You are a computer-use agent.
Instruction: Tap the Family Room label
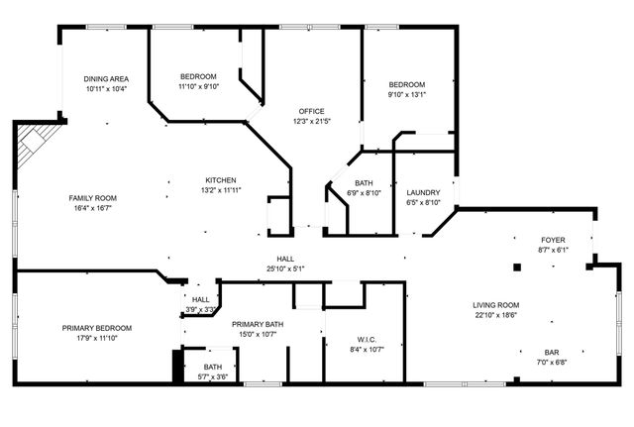[92, 197]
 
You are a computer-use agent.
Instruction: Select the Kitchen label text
[221, 179]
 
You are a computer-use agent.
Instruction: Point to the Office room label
[311, 111]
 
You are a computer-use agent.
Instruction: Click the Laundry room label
[423, 192]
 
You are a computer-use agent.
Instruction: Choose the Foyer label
[553, 241]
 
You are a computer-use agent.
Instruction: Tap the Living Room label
[496, 305]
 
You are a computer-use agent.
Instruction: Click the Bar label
[553, 352]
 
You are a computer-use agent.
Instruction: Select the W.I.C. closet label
[366, 339]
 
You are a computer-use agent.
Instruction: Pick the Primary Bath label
[258, 324]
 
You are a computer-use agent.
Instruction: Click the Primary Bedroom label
[97, 328]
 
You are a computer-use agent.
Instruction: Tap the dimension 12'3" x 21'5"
[311, 121]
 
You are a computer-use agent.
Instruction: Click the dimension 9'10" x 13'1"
[406, 95]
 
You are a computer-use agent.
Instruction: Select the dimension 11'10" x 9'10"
[198, 87]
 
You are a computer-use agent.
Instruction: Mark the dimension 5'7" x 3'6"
[214, 376]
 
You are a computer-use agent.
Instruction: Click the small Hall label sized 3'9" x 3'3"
[201, 300]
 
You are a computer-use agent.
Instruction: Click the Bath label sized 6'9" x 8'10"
[364, 183]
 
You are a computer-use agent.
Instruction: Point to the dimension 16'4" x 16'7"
[92, 208]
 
